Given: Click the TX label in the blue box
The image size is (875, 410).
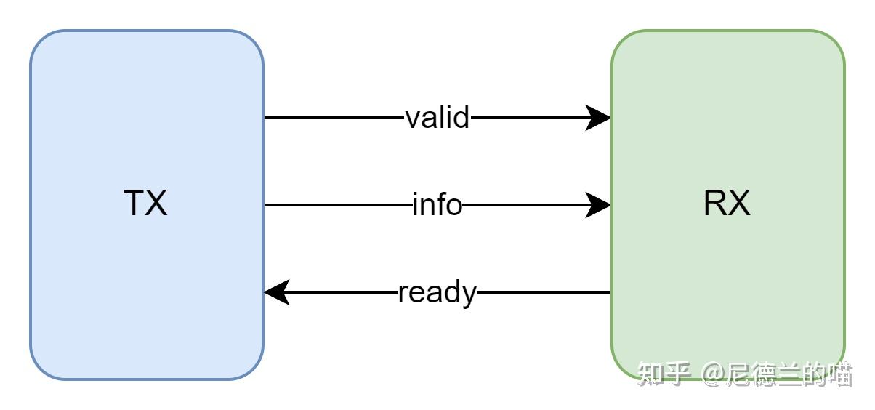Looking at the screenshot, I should [x=146, y=204].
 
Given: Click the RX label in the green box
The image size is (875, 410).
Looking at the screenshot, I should [x=727, y=204].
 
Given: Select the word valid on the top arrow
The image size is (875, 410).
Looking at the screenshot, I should [x=437, y=117].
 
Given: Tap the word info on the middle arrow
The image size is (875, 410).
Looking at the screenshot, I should [x=437, y=205].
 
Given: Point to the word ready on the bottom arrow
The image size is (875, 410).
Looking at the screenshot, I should [x=437, y=293].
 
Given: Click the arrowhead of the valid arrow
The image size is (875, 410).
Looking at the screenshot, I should [x=599, y=118].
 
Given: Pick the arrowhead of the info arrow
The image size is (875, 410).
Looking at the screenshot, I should [x=599, y=206].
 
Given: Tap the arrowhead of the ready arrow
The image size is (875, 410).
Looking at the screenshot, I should [x=277, y=293].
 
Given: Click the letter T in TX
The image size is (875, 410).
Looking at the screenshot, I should [x=135, y=204].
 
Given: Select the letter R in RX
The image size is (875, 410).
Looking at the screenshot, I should [x=715, y=204].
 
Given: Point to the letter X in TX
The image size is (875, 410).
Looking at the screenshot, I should [x=156, y=204].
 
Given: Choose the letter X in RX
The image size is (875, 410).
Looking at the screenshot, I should [x=739, y=204].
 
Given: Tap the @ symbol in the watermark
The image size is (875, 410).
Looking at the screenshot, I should [x=714, y=374].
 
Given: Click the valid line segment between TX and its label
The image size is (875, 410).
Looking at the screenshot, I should [x=334, y=118].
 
